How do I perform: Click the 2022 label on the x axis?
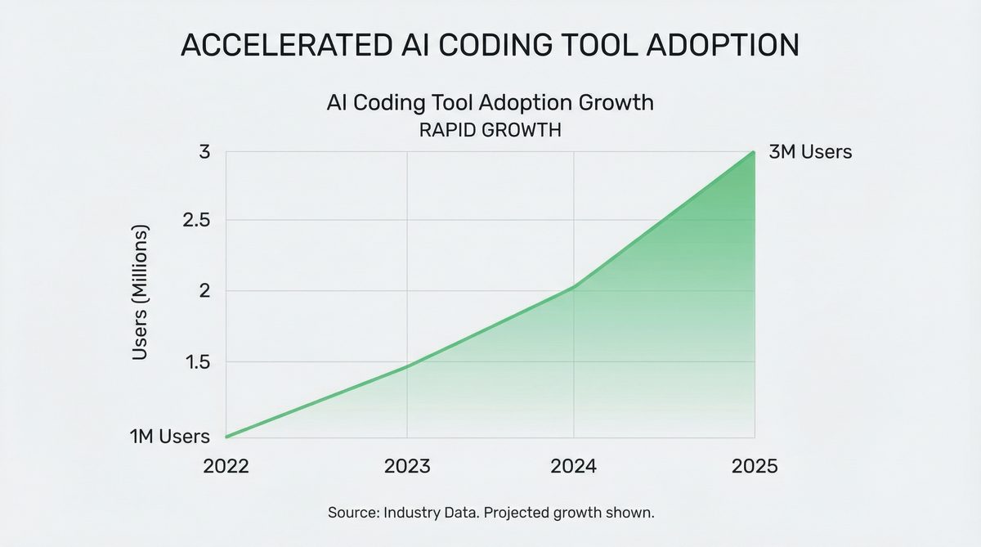[x=226, y=466]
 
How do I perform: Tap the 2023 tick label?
[x=408, y=466]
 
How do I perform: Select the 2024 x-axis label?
[x=573, y=466]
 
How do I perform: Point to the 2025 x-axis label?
[x=755, y=466]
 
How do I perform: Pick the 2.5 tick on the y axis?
[x=198, y=221]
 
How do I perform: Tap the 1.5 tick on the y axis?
[x=198, y=361]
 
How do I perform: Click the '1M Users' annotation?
[x=170, y=437]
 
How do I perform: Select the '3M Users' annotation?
[x=811, y=152]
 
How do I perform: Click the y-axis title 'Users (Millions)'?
[x=141, y=292]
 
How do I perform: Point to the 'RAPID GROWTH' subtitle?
[x=490, y=130]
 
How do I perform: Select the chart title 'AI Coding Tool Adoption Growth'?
[x=490, y=103]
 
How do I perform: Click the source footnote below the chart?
[x=490, y=513]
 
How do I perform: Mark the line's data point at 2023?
[x=408, y=365]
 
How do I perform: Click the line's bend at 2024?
[x=574, y=286]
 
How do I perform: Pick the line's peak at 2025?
[x=754, y=152]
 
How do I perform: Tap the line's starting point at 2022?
[x=226, y=437]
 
